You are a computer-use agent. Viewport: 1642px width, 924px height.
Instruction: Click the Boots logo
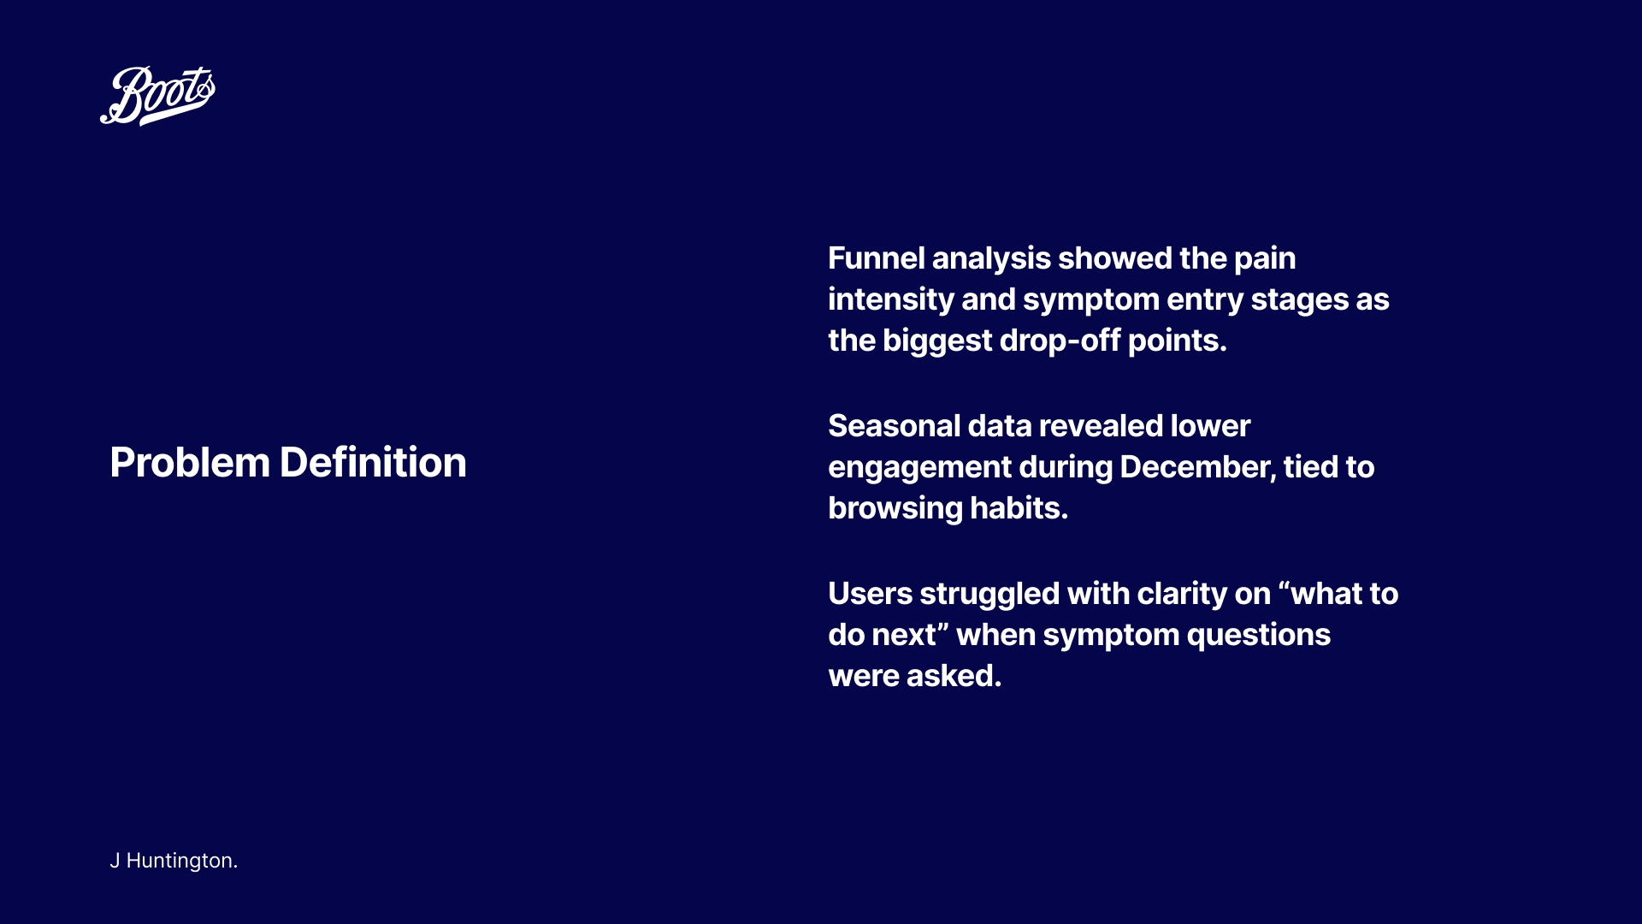157,96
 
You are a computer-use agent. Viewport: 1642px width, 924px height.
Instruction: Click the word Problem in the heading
190,463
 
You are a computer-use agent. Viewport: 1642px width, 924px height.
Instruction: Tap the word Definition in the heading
373,463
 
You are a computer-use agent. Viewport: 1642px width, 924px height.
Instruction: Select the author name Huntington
182,861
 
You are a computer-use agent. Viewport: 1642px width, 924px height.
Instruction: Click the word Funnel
876,258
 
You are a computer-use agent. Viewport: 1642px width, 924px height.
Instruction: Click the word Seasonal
894,426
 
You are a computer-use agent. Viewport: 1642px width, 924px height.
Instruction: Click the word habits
1019,508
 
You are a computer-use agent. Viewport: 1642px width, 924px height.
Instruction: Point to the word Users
870,594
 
